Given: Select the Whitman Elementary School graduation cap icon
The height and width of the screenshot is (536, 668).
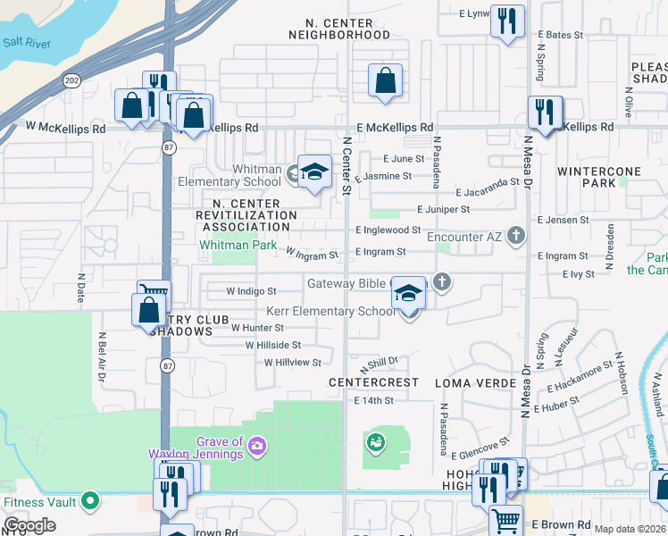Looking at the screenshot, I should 313,172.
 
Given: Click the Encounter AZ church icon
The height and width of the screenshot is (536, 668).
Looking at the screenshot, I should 515,236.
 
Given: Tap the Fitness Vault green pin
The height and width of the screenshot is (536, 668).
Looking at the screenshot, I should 89,502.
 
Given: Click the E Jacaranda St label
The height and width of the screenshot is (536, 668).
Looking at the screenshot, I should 487,192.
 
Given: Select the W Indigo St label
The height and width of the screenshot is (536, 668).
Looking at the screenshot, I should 251,291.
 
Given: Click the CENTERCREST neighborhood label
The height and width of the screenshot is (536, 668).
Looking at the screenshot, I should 373,382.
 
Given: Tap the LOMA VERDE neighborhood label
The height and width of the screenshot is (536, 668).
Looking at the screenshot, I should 475,382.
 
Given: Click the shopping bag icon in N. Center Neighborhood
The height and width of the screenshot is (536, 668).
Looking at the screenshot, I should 385,81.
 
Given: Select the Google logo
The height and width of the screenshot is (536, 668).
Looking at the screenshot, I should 30,525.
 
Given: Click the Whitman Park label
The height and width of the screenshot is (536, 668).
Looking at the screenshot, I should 238,245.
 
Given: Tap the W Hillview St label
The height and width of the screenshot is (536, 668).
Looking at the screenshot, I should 292,362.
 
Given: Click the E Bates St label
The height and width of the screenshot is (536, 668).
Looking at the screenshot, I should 559,35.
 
